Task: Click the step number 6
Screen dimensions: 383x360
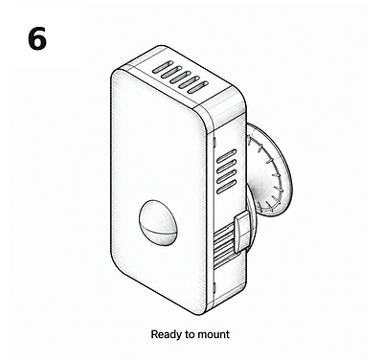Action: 37,38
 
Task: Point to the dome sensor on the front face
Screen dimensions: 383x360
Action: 158,223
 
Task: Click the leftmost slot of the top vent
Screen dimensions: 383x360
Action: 163,67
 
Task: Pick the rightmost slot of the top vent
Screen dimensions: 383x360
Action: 198,87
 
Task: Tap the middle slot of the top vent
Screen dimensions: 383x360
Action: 180,77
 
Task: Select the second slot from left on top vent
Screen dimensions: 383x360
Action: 171,72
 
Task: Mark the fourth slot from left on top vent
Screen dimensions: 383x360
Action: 190,82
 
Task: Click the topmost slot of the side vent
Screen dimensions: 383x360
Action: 227,155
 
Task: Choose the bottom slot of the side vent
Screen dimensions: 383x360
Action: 227,187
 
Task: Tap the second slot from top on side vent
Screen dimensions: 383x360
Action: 227,166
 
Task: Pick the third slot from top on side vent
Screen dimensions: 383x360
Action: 227,176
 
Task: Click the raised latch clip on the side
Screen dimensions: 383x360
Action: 241,231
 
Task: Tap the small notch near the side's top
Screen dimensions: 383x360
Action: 214,142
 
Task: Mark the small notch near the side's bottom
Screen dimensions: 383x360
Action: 214,288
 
